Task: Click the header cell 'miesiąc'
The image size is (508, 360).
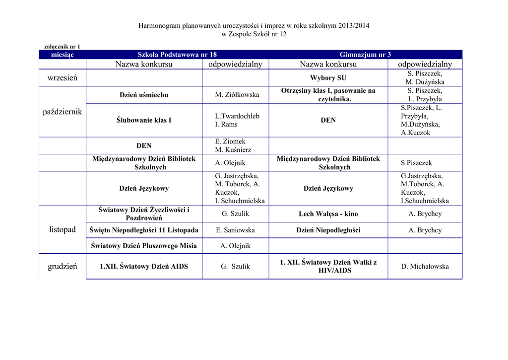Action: pyautogui.click(x=63, y=55)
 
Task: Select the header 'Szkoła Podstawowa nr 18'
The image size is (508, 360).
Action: pyautogui.click(x=177, y=55)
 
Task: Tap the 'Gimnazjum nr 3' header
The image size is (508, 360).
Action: pyautogui.click(x=365, y=55)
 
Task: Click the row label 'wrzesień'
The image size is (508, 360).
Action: pyautogui.click(x=63, y=78)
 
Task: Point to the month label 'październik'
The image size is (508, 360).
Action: pyautogui.click(x=63, y=112)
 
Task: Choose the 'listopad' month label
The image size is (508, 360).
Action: pyautogui.click(x=63, y=229)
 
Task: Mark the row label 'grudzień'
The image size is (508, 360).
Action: pyautogui.click(x=63, y=267)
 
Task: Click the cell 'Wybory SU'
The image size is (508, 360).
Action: pyautogui.click(x=328, y=78)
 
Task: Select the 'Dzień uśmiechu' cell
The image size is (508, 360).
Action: pyautogui.click(x=144, y=95)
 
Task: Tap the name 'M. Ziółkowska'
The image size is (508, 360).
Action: pyautogui.click(x=237, y=95)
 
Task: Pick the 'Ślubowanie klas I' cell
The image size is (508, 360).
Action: pyautogui.click(x=144, y=120)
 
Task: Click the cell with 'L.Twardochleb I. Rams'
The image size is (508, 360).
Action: pyautogui.click(x=237, y=120)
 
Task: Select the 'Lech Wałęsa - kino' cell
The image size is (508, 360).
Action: pyautogui.click(x=328, y=214)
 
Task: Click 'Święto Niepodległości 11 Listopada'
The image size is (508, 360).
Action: pyautogui.click(x=144, y=230)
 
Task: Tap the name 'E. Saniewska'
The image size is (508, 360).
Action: pyautogui.click(x=236, y=230)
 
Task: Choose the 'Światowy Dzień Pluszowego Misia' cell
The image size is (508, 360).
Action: pyautogui.click(x=144, y=246)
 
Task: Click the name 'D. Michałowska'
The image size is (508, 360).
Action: pyautogui.click(x=425, y=267)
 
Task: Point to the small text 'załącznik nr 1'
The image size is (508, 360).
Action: pyautogui.click(x=63, y=47)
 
